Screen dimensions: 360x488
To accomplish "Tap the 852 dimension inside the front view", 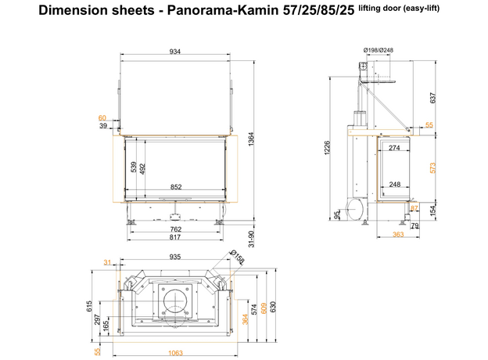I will (176, 186).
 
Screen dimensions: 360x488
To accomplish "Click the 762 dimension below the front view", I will (176, 229).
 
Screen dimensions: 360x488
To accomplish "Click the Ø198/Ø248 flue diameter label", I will (378, 51).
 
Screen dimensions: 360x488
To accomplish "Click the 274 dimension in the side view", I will (394, 147).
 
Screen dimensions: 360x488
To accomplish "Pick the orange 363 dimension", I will (397, 233).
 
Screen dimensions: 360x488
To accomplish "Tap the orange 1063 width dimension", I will (174, 352).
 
